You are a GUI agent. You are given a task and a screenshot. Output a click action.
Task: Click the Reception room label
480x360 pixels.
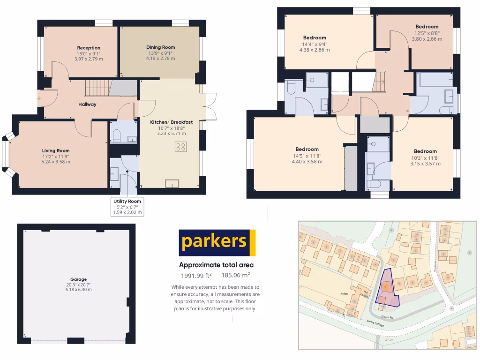[89, 48]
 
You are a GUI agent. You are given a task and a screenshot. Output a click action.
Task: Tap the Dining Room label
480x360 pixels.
[160, 47]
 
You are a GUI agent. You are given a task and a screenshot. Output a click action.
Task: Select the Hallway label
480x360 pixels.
[87, 104]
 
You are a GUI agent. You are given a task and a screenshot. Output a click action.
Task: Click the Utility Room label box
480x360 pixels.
[127, 207]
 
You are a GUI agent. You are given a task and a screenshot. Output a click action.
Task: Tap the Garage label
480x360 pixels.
[79, 279]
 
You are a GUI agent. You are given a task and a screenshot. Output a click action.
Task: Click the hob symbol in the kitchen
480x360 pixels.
[180, 147]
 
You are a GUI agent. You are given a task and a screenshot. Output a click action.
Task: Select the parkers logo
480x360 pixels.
[217, 242]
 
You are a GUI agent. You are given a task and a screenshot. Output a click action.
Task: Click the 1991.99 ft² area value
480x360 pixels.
[196, 275]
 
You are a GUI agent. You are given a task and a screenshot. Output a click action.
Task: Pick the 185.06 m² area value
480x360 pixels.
[236, 275]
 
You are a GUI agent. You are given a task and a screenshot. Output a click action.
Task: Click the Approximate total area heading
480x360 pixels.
[217, 265]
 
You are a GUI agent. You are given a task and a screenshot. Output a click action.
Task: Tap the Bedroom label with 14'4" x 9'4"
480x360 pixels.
[315, 38]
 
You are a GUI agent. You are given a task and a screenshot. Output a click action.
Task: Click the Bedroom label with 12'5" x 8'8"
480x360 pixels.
[427, 27]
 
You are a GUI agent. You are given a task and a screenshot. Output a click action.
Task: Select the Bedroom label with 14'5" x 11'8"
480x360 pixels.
[307, 150]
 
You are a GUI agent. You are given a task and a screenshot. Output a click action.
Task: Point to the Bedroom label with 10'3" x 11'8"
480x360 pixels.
[425, 151]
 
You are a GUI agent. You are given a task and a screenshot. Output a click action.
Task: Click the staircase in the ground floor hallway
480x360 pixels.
[97, 88]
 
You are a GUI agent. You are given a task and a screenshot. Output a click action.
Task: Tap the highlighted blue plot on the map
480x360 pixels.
[386, 289]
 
